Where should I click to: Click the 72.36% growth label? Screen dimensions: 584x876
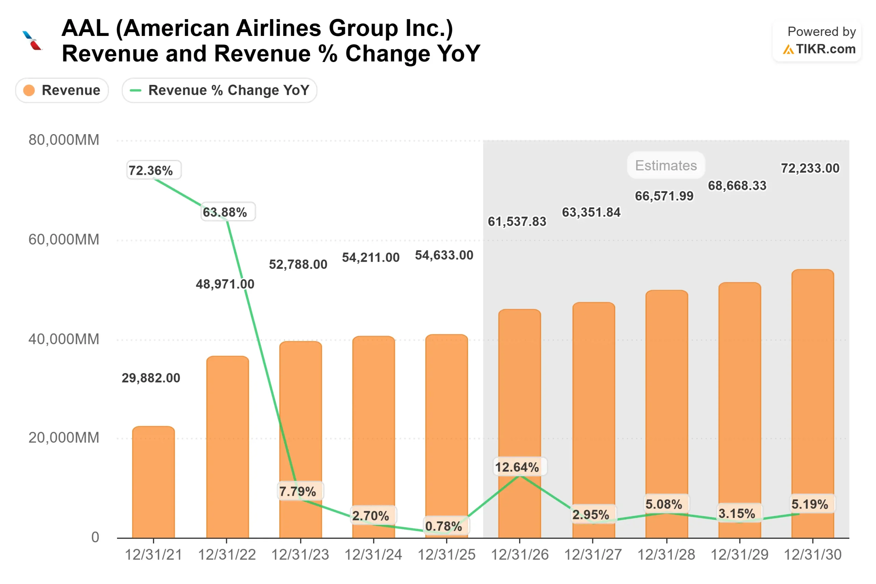pos(154,170)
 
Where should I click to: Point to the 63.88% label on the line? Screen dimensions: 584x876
pos(228,212)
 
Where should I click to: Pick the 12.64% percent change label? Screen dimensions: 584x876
pos(520,467)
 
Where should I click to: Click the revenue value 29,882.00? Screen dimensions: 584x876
pos(151,378)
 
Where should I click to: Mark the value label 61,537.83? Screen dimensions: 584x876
pos(517,222)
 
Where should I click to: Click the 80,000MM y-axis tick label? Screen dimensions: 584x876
pos(64,140)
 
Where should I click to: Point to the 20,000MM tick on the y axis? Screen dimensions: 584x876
pos(64,438)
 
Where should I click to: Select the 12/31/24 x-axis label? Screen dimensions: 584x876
pos(373,555)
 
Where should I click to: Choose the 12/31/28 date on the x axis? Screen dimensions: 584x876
pos(666,555)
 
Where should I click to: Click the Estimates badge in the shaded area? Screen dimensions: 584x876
pos(666,165)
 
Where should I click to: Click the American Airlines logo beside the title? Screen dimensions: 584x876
pos(33,40)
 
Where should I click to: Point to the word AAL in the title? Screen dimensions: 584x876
pos(85,28)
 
